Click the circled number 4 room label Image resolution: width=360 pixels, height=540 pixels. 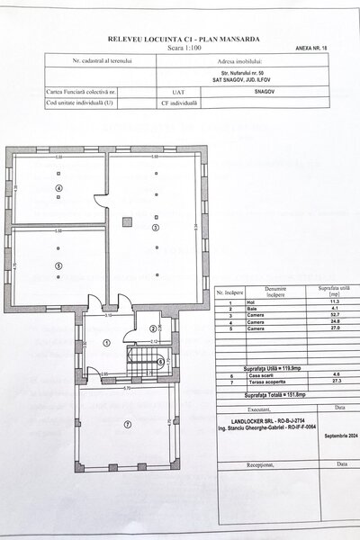58,188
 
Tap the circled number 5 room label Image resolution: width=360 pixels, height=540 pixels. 58,265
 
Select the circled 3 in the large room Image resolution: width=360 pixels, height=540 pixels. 156,228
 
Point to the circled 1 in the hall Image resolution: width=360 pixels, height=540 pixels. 106,341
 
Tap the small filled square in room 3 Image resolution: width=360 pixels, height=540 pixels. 129,218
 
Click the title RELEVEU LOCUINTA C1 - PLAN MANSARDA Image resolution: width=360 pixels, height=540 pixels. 179,40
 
